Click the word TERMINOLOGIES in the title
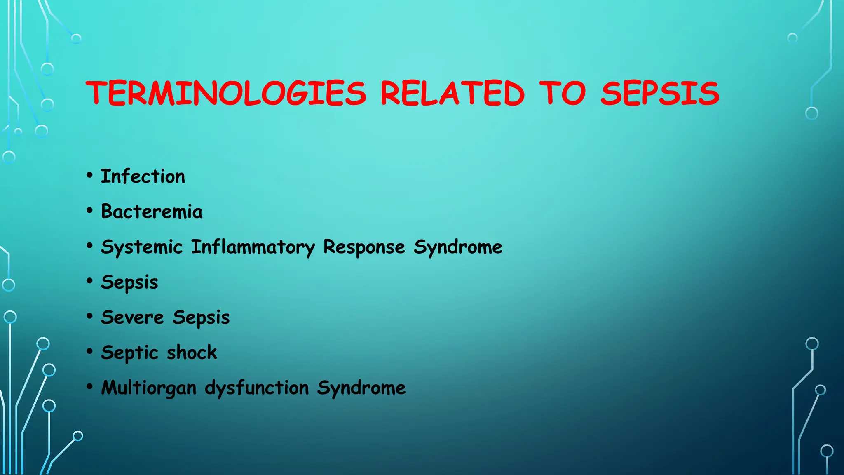click(226, 93)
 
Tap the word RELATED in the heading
click(452, 93)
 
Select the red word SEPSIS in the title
click(660, 93)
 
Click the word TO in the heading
click(562, 93)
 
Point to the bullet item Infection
click(143, 176)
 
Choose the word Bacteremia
click(152, 212)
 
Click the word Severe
click(132, 317)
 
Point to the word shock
click(192, 353)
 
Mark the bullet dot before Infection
click(90, 175)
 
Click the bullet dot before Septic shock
click(90, 351)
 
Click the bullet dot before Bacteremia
click(90, 210)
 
